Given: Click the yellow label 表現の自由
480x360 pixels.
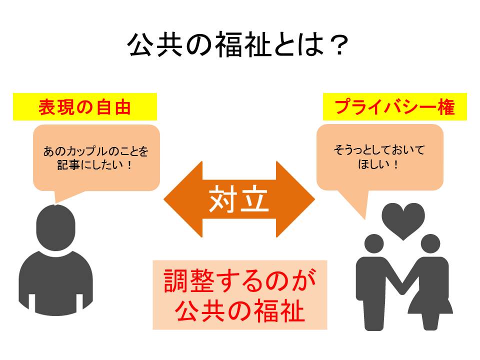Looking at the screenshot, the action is coord(85,107).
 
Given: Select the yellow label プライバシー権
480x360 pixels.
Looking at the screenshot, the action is coord(395,107).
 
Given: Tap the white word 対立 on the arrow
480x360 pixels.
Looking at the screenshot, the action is coord(239,199).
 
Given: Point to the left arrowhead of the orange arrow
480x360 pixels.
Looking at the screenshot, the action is coord(183,199).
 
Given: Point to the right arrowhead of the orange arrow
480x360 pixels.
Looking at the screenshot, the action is coord(295,199).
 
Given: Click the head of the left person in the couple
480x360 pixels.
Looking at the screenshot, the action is coord(374,243).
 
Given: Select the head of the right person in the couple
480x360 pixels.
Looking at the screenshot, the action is coord(430,243).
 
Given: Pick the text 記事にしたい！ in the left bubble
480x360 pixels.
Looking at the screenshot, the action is coord(95,165).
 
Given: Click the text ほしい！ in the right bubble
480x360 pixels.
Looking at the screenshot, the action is coord(379,164).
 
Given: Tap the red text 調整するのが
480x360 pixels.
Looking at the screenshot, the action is coord(240,280).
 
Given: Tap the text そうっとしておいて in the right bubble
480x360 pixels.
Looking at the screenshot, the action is coord(379,150).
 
